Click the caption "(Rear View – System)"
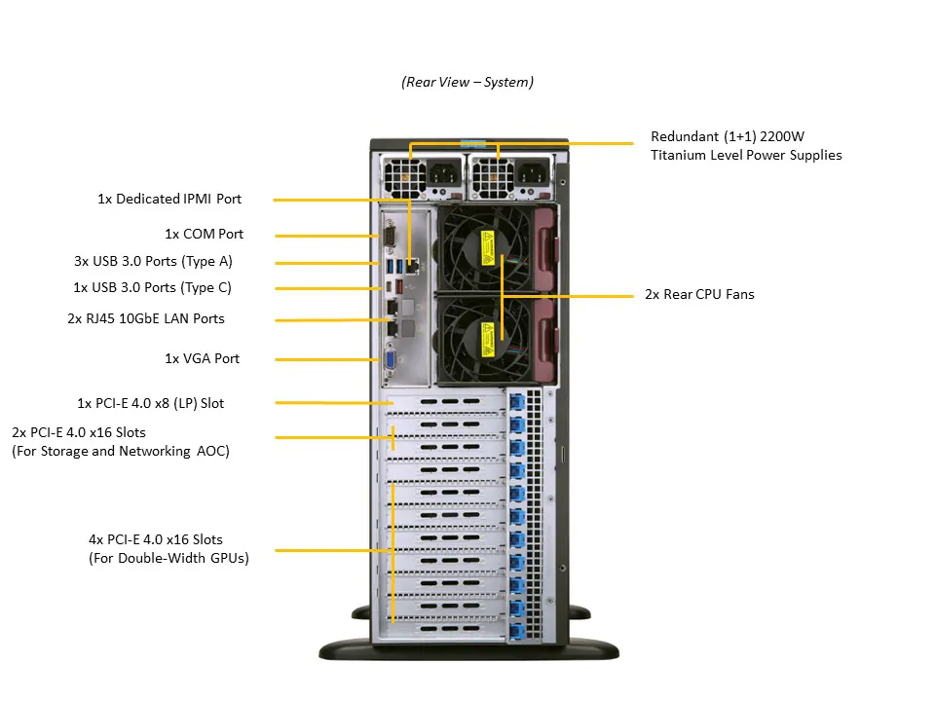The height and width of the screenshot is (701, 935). coord(467,83)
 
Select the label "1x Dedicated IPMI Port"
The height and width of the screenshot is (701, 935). coord(169,199)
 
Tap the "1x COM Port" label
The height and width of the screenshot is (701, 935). coord(204,234)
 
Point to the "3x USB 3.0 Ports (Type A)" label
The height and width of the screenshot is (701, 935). coord(153,261)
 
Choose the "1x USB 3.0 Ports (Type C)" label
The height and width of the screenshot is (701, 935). coord(152,287)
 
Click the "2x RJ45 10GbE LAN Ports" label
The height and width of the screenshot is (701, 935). coord(145,318)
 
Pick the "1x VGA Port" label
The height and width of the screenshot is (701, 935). coord(202,358)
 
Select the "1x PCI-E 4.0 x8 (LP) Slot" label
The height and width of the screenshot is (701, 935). coord(150,402)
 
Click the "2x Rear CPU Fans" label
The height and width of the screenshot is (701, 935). coord(699,294)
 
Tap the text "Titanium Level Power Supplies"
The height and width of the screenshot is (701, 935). coord(746,155)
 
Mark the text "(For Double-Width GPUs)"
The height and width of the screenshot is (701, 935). coord(168,558)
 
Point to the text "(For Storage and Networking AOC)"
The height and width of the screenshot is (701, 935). coord(121,451)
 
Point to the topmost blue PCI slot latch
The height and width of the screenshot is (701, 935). coord(516,400)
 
